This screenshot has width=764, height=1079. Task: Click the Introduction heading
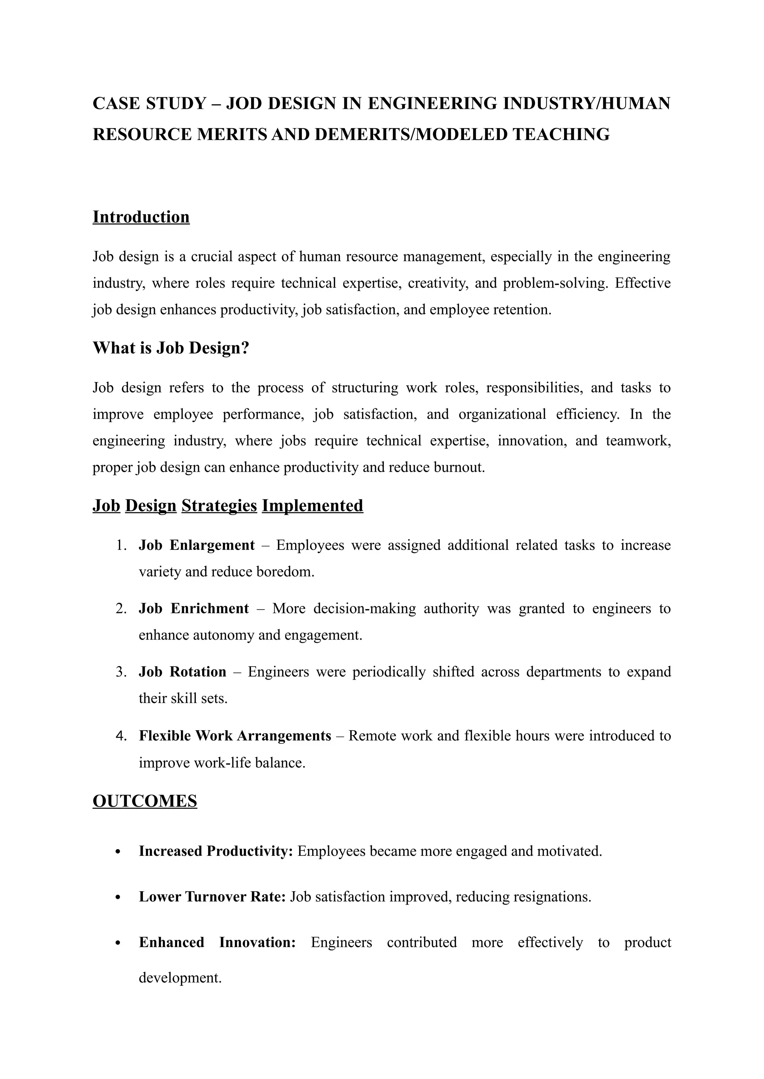pyautogui.click(x=141, y=217)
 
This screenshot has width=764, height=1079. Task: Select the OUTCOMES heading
pyautogui.click(x=145, y=801)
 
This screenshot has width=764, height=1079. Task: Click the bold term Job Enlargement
pyautogui.click(x=197, y=545)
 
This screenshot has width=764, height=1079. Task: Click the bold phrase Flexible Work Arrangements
pyautogui.click(x=235, y=735)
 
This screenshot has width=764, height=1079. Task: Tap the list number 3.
pyautogui.click(x=121, y=672)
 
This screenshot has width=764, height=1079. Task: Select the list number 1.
pyautogui.click(x=121, y=545)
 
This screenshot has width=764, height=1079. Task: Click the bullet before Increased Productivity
pyautogui.click(x=118, y=852)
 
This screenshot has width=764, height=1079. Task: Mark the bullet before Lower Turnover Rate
pyautogui.click(x=118, y=897)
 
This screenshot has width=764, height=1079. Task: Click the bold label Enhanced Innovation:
pyautogui.click(x=217, y=942)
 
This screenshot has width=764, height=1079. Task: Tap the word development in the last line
pyautogui.click(x=180, y=978)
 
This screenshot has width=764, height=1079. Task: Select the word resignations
pyautogui.click(x=552, y=897)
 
